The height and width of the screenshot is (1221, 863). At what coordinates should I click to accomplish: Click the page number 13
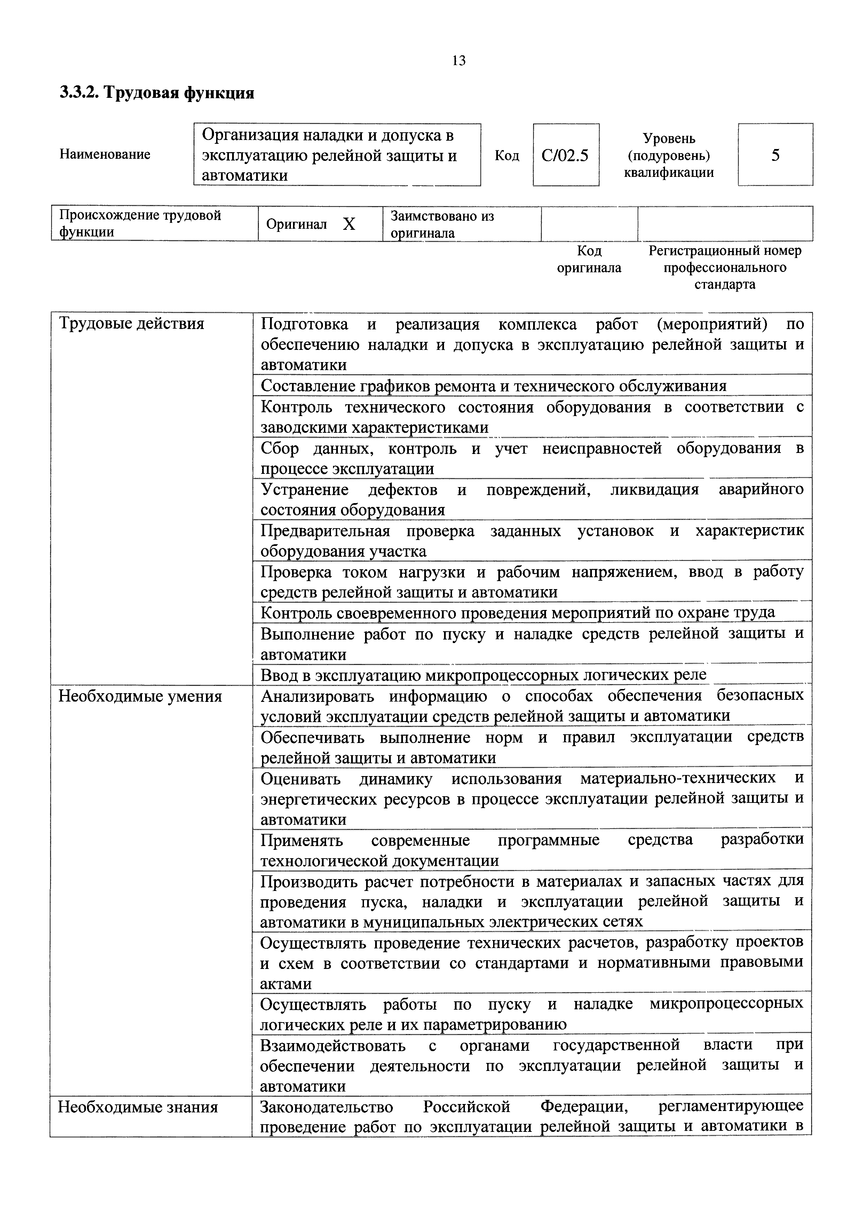[x=459, y=61]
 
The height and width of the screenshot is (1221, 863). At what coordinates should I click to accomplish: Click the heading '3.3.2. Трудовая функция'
[x=157, y=93]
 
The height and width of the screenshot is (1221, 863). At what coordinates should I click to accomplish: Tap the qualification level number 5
[x=775, y=155]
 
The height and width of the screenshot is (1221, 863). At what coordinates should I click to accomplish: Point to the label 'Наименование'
[x=105, y=155]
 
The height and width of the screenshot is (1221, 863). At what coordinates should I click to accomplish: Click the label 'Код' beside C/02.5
[x=506, y=155]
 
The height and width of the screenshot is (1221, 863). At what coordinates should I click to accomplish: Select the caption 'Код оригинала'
[x=589, y=259]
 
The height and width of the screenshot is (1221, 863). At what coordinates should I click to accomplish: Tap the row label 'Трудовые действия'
[x=131, y=323]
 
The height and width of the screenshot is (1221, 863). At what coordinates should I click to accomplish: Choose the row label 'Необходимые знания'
[x=138, y=1107]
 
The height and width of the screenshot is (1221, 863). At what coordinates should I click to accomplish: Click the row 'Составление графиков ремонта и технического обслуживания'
[x=493, y=385]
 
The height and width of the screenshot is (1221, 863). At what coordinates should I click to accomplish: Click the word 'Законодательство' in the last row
[x=326, y=1107]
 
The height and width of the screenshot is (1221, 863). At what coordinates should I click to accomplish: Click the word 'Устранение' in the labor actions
[x=304, y=489]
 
